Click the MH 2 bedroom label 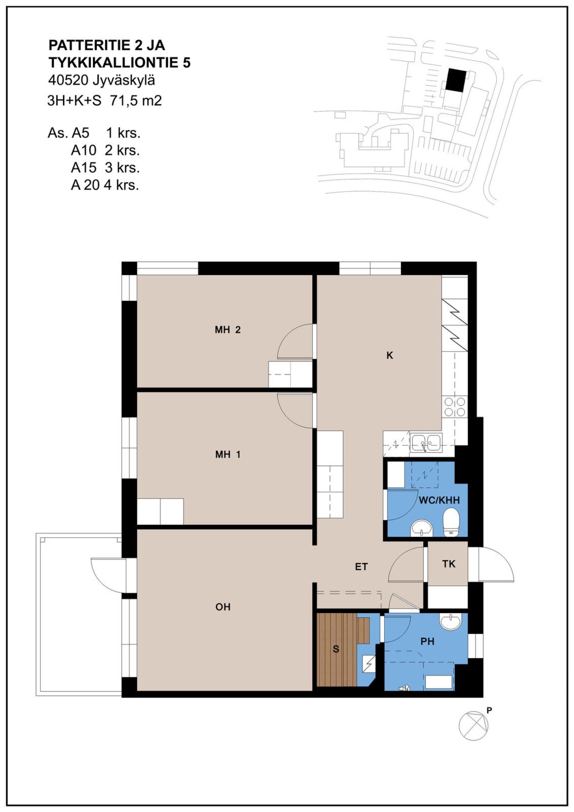pyautogui.click(x=228, y=330)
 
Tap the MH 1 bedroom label pyautogui.click(x=228, y=454)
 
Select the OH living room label pyautogui.click(x=223, y=607)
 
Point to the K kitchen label pyautogui.click(x=390, y=355)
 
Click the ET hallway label pyautogui.click(x=361, y=566)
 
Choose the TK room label pyautogui.click(x=448, y=564)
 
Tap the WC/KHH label pyautogui.click(x=439, y=500)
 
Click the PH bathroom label pyautogui.click(x=427, y=641)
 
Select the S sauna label pyautogui.click(x=336, y=649)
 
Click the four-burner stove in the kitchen pyautogui.click(x=455, y=407)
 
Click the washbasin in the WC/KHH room pyautogui.click(x=421, y=528)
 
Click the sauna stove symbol pyautogui.click(x=369, y=664)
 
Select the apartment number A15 pyautogui.click(x=84, y=167)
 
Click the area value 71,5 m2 pyautogui.click(x=136, y=100)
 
